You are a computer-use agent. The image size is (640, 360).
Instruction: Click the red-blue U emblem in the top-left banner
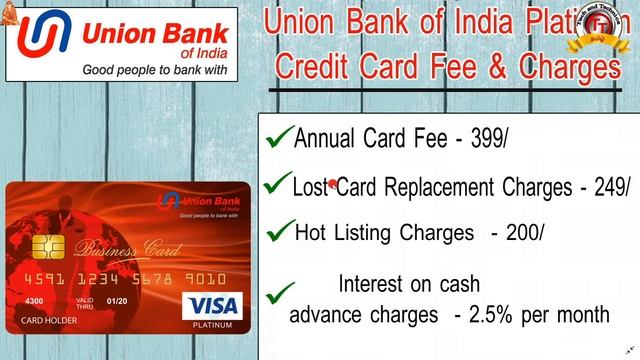pos(39,40)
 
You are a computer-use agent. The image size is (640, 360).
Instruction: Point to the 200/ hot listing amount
pos(524,233)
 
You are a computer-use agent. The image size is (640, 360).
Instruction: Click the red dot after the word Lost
pos(332,184)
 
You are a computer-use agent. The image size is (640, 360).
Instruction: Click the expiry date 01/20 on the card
pos(118,301)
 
